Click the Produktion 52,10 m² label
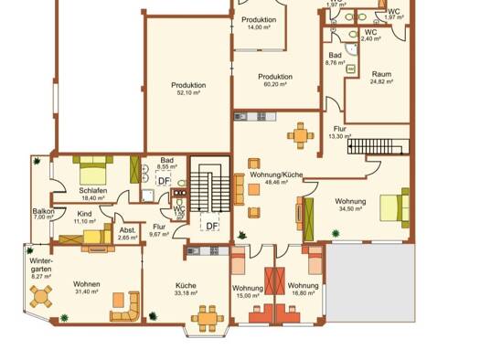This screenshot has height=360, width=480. (x=188, y=89)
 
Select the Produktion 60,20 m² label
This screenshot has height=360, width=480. (x=274, y=79)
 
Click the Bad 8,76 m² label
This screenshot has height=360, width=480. (x=336, y=58)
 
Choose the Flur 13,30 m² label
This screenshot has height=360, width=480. (x=340, y=132)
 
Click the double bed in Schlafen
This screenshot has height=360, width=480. (x=91, y=169)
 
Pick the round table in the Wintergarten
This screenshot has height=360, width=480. (x=40, y=296)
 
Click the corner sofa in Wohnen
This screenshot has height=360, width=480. (x=125, y=308)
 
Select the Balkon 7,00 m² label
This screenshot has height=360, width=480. (x=44, y=215)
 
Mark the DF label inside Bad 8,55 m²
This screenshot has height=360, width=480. (x=164, y=181)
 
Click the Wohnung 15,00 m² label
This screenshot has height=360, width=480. (x=246, y=291)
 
